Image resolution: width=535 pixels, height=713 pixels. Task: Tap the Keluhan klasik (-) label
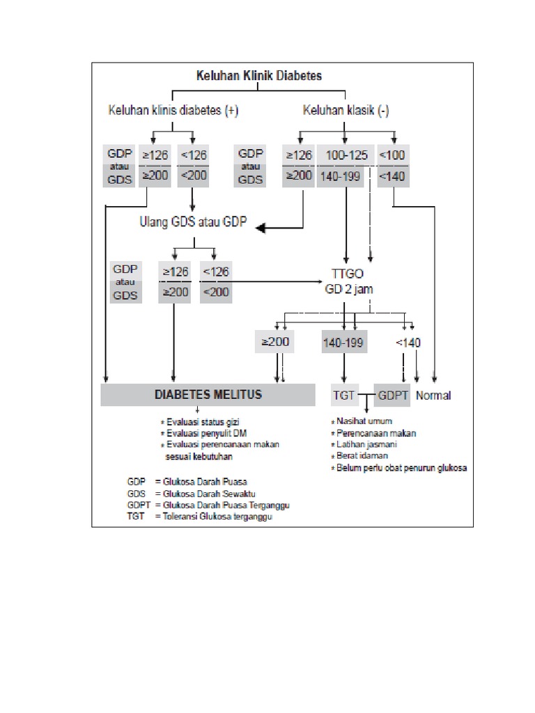[x=346, y=111]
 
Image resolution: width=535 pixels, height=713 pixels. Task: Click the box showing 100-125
[x=345, y=155]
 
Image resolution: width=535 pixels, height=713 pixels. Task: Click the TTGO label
[x=346, y=272]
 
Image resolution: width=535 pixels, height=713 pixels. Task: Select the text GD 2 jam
[x=346, y=288]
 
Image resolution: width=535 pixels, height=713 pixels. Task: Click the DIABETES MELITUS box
[x=208, y=395]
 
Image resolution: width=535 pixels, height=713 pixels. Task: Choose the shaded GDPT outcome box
[x=393, y=395]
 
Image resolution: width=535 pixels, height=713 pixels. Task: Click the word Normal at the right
[x=433, y=395]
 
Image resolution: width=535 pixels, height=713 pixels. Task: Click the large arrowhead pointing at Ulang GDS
[x=261, y=228]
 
